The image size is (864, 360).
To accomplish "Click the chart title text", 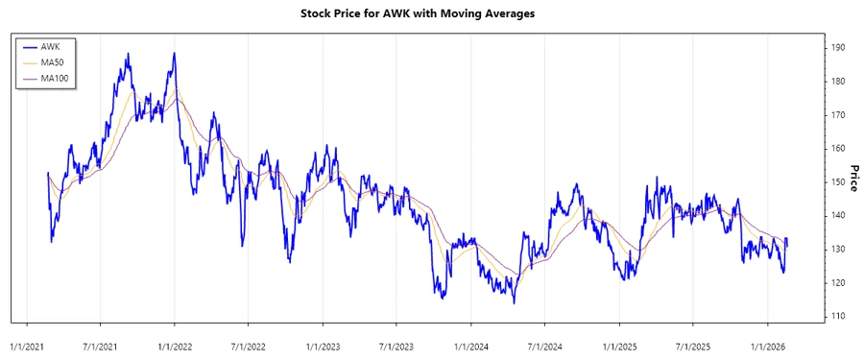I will [x=431, y=14].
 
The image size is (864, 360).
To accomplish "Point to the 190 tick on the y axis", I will [x=838, y=47].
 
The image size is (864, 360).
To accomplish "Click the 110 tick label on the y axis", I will [x=838, y=316].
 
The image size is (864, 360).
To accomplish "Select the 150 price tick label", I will [x=838, y=181].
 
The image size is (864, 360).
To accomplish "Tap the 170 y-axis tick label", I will [x=838, y=114].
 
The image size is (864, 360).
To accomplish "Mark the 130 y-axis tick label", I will [x=838, y=249].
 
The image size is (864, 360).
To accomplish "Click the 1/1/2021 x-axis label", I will [x=27, y=343].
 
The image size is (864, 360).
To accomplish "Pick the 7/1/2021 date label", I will [x=101, y=343].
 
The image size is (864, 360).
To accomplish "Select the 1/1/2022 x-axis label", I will [x=175, y=343].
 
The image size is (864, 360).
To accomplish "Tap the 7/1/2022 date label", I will [x=249, y=343].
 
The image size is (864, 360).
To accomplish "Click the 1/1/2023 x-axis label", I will [x=323, y=343].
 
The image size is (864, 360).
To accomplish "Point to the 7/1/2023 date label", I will [x=396, y=343].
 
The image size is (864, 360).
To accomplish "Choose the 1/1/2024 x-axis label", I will [x=470, y=343].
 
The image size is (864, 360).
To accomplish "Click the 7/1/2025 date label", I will [x=692, y=343].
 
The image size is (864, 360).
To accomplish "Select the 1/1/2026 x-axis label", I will [x=766, y=343].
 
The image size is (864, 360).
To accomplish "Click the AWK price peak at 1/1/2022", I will [x=174, y=54].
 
